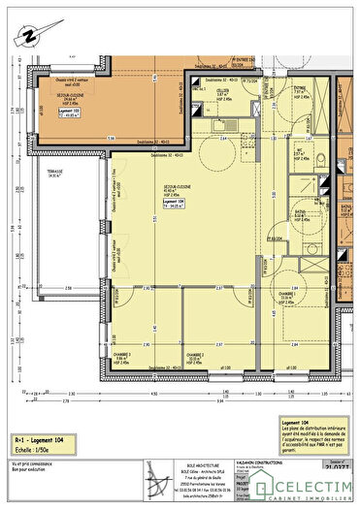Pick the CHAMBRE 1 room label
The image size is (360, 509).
[x=288, y=296]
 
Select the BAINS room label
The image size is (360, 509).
[x=302, y=216]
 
